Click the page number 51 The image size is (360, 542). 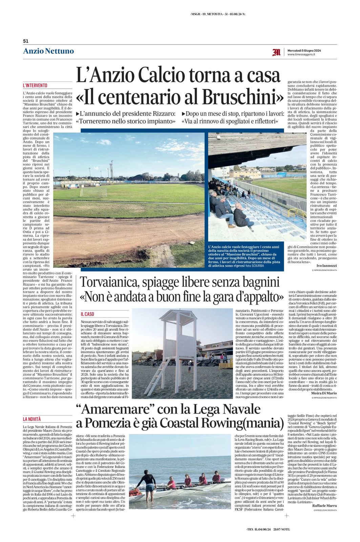click(25, 41)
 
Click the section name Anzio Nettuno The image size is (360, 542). click(48, 51)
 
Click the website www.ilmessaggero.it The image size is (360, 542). click(301, 54)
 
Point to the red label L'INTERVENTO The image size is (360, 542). click(35, 86)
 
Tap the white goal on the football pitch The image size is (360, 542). click(93, 192)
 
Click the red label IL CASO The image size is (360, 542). click(87, 314)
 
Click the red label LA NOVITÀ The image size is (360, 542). click(32, 419)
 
